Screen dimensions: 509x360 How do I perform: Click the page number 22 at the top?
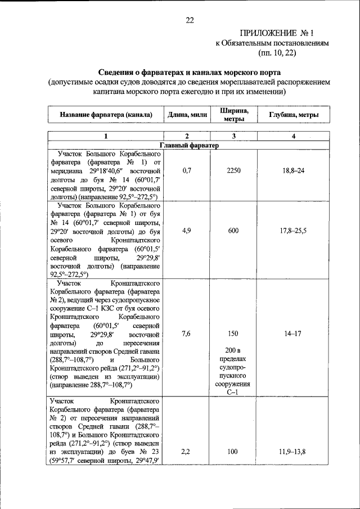pos(190,20)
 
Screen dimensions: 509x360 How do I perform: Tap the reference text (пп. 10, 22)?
pos(277,53)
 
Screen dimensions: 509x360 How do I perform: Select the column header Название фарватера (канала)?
pos(106,115)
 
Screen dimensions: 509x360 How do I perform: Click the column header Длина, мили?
pos(186,115)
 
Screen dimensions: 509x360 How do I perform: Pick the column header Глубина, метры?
pos(293,115)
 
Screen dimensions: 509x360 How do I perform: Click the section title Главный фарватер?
pos(189,145)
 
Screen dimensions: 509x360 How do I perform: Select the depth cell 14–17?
pos(293,334)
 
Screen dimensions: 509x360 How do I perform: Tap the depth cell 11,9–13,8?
pos(293,452)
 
